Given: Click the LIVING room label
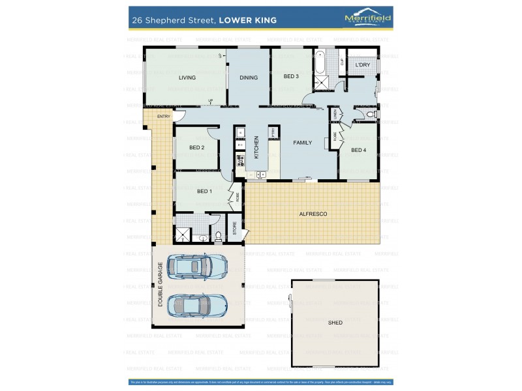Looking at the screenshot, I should pos(187,78).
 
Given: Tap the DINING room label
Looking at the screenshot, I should pos(249,78).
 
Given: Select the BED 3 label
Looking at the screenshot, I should pos(291,76).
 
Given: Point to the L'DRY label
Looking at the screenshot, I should pos(362,66).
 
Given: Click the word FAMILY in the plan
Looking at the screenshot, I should pos(302,142).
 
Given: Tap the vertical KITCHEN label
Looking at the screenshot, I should pos(256,147).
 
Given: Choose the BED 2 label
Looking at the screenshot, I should pos(196,147).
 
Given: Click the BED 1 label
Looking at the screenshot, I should pos(204,191).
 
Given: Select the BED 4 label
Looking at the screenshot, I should pos(358,150).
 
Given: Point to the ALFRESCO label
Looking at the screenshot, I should pos(313,214).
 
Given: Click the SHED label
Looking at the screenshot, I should pos(335,322).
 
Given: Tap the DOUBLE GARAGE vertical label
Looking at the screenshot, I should pos(160,285).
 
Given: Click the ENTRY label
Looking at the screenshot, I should pos(162,117).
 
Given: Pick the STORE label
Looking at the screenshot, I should pos(235,229).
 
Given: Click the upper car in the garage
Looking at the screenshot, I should pos(196,265).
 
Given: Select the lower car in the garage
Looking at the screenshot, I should pos(196,304).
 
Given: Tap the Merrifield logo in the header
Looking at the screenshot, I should pos(367,19).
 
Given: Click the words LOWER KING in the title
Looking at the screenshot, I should pos(248,20).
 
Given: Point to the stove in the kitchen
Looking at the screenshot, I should pos(239,158).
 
